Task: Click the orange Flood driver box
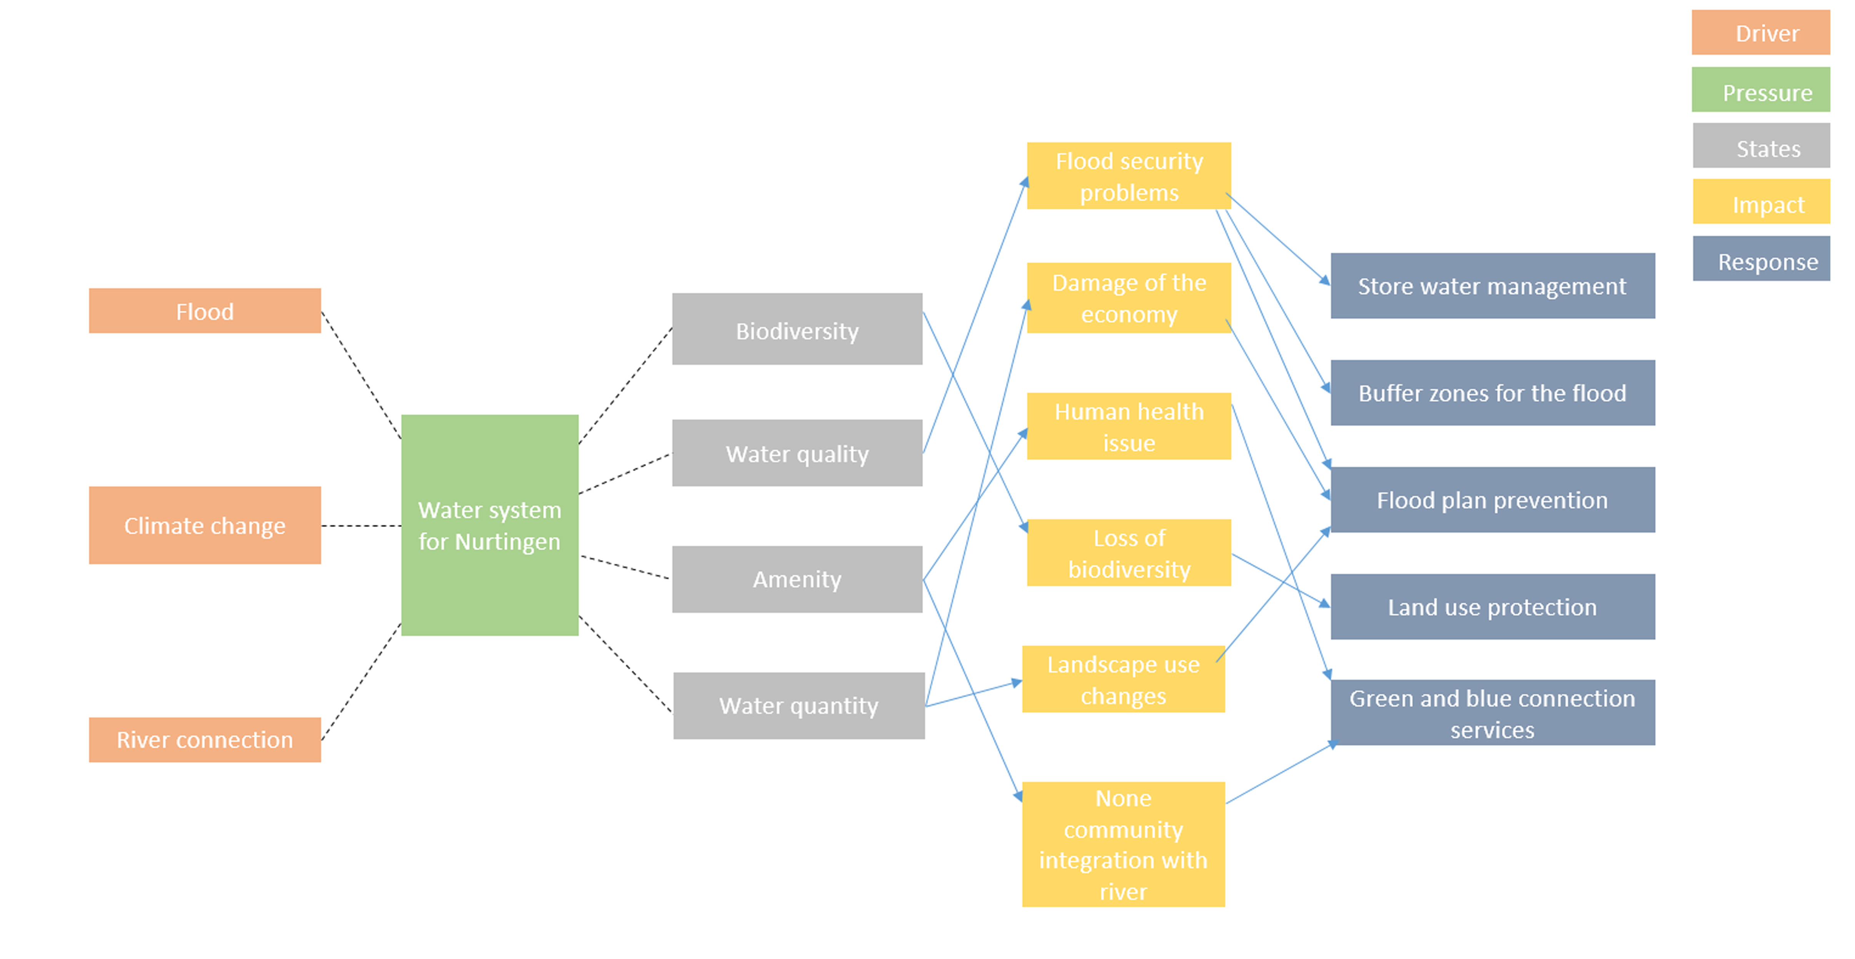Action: coord(205,311)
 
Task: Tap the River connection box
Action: coord(205,739)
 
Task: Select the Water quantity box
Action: coord(799,705)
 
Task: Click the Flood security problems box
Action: coord(1129,176)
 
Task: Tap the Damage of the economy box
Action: coord(1129,298)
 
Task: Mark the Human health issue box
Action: coord(1129,426)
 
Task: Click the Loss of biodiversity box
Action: coord(1129,552)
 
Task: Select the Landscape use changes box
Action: coord(1124,679)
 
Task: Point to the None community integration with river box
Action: coord(1124,844)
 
